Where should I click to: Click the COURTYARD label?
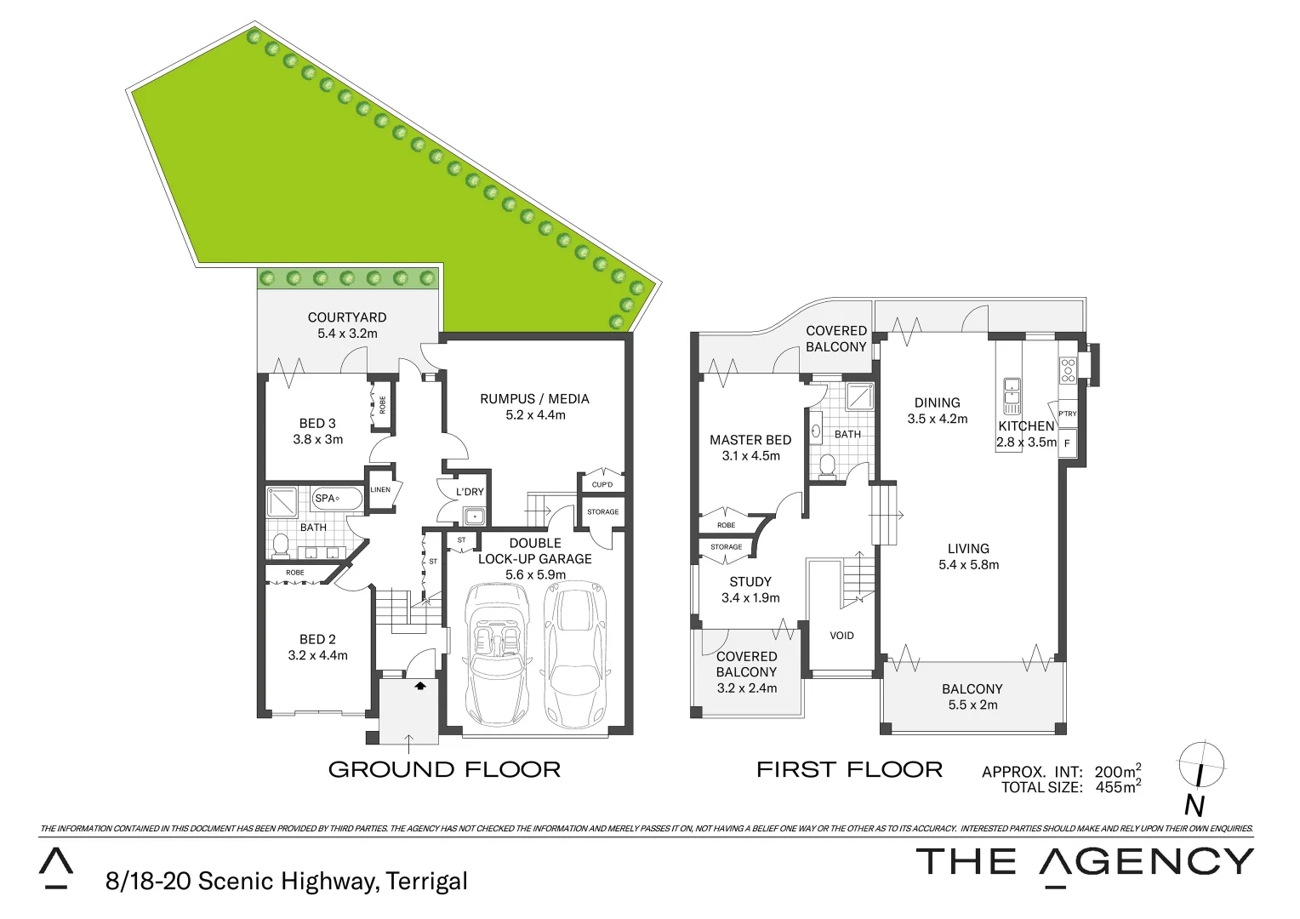(347, 317)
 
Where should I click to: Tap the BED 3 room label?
(317, 423)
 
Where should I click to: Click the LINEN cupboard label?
(380, 490)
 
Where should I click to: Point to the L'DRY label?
(470, 492)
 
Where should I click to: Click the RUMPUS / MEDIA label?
(534, 398)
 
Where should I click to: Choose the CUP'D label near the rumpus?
(602, 485)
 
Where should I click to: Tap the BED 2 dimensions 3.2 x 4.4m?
(317, 655)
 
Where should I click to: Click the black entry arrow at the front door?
(419, 684)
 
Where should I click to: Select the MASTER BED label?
(750, 440)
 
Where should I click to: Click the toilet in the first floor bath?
(824, 465)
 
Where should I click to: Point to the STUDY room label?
(750, 582)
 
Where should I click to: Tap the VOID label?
(841, 636)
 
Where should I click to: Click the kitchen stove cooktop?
(1068, 370)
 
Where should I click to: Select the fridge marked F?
(1067, 443)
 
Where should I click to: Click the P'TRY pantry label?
(1067, 414)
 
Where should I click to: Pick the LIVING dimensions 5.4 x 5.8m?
(968, 564)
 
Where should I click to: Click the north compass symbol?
(1200, 765)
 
